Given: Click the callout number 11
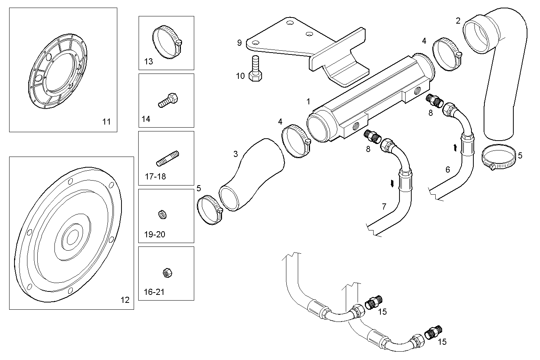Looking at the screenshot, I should click(106, 122).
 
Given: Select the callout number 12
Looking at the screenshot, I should click(125, 300).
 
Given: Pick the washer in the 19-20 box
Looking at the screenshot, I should click(162, 215).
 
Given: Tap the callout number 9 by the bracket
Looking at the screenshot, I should click(240, 42).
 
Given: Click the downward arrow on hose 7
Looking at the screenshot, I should click(392, 184).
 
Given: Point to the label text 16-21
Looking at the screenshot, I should click(154, 292).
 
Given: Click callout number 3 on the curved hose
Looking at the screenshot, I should click(235, 154).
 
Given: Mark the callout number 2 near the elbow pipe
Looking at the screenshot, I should click(458, 21).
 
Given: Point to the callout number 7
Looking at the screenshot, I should click(384, 207).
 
